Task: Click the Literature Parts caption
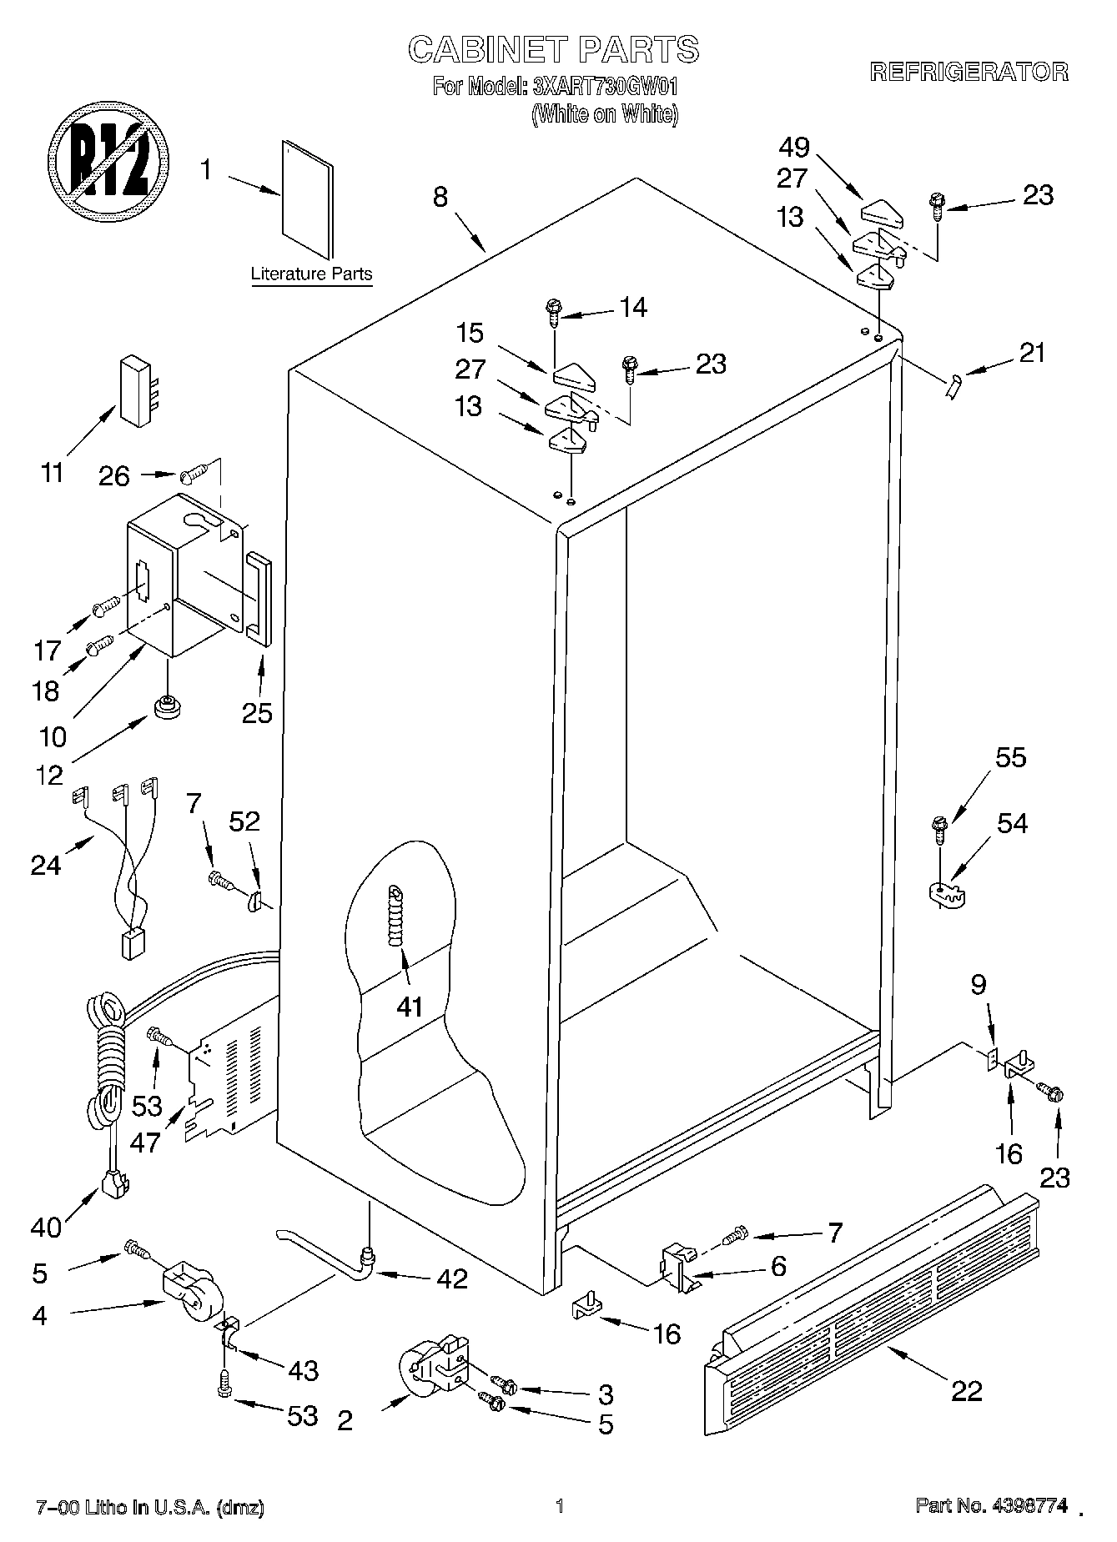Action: click(x=311, y=274)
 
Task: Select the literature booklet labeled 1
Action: click(x=308, y=199)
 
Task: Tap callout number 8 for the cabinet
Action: click(x=440, y=197)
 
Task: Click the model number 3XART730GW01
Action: click(x=606, y=86)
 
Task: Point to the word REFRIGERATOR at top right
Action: click(x=969, y=72)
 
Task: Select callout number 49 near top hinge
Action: click(x=794, y=148)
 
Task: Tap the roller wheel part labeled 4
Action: click(x=187, y=1293)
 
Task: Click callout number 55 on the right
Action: click(x=1010, y=758)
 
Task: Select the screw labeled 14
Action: click(x=553, y=311)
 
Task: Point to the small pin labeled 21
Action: click(x=953, y=386)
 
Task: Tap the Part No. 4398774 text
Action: click(x=991, y=1505)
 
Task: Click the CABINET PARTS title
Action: click(x=553, y=50)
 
